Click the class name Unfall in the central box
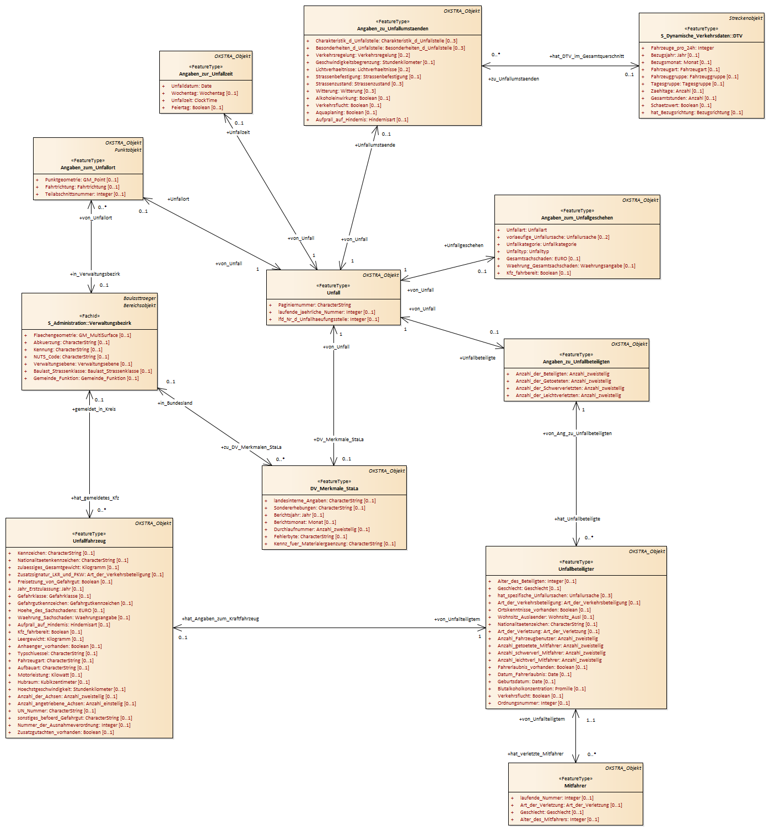pyautogui.click(x=333, y=292)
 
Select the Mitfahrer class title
pyautogui.click(x=575, y=785)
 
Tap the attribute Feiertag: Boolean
pyautogui.click(x=197, y=108)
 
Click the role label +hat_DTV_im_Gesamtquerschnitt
pyautogui.click(x=587, y=56)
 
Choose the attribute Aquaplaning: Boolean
pyautogui.click(x=346, y=112)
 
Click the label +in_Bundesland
pyautogui.click(x=175, y=403)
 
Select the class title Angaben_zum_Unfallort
pyautogui.click(x=88, y=168)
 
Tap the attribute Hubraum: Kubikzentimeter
pyautogui.click(x=53, y=682)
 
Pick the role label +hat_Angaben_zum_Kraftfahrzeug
pyautogui.click(x=220, y=619)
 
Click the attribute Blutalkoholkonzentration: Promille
pyautogui.click(x=541, y=689)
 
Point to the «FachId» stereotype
pyautogui.click(x=89, y=316)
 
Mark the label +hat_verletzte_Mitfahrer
pyautogui.click(x=535, y=754)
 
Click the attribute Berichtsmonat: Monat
pyautogui.click(x=304, y=522)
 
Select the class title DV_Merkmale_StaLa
pyautogui.click(x=334, y=489)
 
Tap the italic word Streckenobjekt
pyautogui.click(x=745, y=18)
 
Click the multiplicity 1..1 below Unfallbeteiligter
pyautogui.click(x=590, y=720)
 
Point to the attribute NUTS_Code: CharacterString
pyautogui.click(x=71, y=357)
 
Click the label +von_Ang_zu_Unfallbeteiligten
pyautogui.click(x=577, y=433)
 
